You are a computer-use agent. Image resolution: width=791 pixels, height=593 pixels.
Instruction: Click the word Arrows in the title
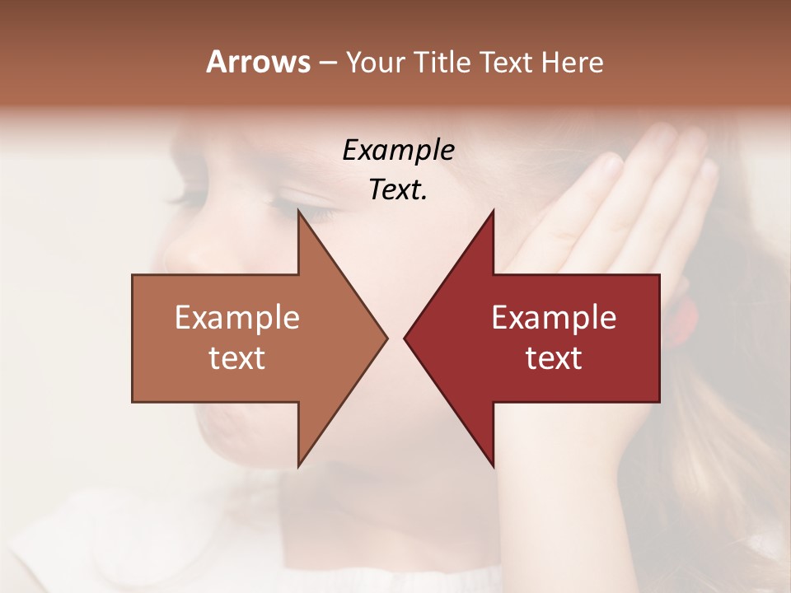tap(258, 62)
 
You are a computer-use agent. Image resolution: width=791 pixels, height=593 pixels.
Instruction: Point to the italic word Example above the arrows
tap(398, 150)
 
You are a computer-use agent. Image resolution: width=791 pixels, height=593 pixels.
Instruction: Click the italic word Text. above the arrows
tap(398, 189)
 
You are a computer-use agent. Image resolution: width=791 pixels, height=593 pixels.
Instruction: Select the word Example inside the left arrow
tap(237, 317)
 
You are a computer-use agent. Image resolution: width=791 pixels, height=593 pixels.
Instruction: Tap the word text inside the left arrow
tap(237, 358)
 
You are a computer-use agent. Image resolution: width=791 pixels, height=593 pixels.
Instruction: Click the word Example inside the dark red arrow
tap(554, 317)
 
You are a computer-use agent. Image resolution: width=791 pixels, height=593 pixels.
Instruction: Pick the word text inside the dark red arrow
tap(554, 358)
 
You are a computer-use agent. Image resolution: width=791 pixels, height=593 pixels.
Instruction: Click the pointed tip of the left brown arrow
tap(386, 338)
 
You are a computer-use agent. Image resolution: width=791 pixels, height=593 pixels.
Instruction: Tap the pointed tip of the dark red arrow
tap(405, 338)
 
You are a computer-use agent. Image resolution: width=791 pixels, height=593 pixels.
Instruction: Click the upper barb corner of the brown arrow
tap(299, 212)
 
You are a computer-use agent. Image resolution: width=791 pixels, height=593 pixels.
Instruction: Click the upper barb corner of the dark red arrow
tap(493, 212)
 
